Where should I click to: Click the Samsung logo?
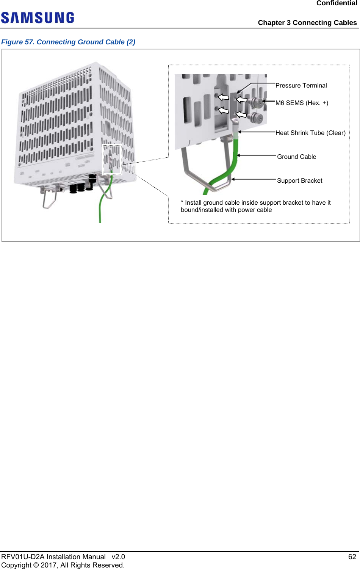(x=38, y=18)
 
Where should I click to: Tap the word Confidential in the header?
(x=337, y=3)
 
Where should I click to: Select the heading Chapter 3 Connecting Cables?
(x=307, y=23)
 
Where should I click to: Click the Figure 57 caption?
(x=68, y=42)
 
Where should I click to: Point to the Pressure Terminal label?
(x=301, y=86)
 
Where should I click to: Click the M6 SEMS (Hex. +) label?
(x=302, y=103)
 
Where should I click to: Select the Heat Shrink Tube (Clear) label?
(x=310, y=133)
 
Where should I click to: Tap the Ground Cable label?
(x=296, y=157)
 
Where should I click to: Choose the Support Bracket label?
(x=299, y=181)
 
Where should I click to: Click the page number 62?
(x=352, y=557)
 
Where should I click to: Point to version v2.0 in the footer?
(x=118, y=557)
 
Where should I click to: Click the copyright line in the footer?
(x=63, y=565)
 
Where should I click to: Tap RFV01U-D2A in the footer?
(x=23, y=557)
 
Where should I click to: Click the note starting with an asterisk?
(x=255, y=206)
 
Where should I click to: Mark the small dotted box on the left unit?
(x=112, y=159)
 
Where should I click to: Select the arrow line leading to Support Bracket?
(x=254, y=179)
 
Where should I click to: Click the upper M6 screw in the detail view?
(x=258, y=102)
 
